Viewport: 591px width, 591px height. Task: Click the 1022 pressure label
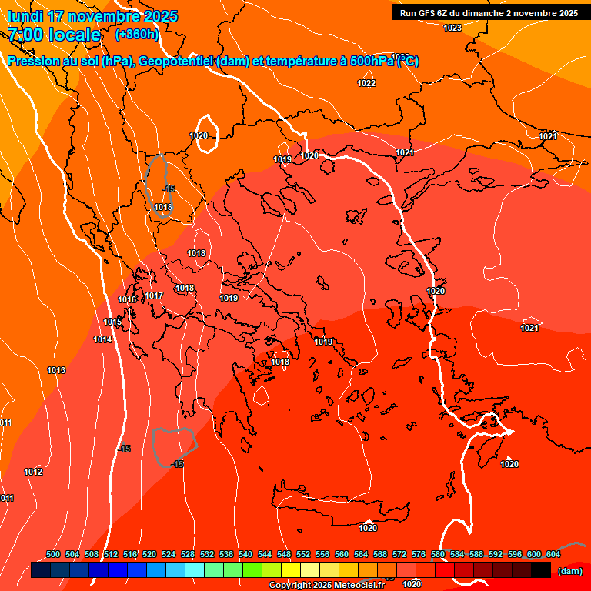(x=366, y=83)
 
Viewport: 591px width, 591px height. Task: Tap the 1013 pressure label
(x=56, y=370)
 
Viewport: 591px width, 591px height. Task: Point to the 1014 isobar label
(x=102, y=339)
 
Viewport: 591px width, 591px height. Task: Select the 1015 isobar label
(x=112, y=322)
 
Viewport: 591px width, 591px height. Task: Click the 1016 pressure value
(x=127, y=299)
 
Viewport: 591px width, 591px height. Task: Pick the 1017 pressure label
(x=154, y=295)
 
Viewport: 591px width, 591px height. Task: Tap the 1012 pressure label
(x=33, y=472)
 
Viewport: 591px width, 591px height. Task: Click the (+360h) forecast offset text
(x=137, y=35)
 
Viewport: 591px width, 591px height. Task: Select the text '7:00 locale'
(x=55, y=35)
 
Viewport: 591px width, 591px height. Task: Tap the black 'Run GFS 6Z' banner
(x=489, y=13)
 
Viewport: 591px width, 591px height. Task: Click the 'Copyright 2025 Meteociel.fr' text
(x=326, y=586)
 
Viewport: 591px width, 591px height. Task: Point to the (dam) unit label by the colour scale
(x=569, y=570)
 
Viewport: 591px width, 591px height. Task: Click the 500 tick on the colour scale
(x=53, y=554)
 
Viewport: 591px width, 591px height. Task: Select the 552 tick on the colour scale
(x=303, y=554)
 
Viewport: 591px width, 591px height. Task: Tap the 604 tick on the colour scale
(x=553, y=554)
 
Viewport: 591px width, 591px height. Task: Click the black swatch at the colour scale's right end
(x=541, y=570)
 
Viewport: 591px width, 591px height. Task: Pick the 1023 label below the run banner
(x=452, y=28)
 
